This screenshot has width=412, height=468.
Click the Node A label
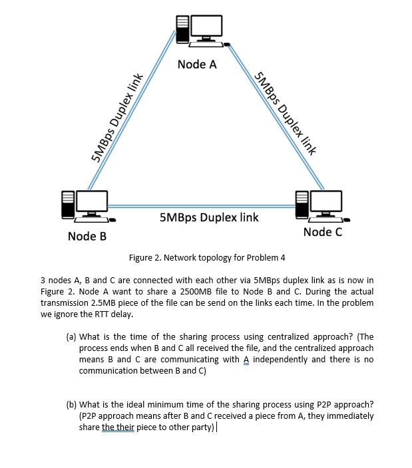(197, 64)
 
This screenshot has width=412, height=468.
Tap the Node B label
(87, 237)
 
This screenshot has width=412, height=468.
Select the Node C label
(322, 231)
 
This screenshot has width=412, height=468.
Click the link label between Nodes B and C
(209, 217)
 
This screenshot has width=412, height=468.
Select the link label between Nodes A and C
(284, 111)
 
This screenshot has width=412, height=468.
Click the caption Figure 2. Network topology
(206, 257)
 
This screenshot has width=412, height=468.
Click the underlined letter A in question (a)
(245, 360)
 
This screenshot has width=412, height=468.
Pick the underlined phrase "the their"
(117, 427)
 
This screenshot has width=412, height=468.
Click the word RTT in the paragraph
(94, 314)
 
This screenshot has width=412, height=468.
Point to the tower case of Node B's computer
(68, 204)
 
